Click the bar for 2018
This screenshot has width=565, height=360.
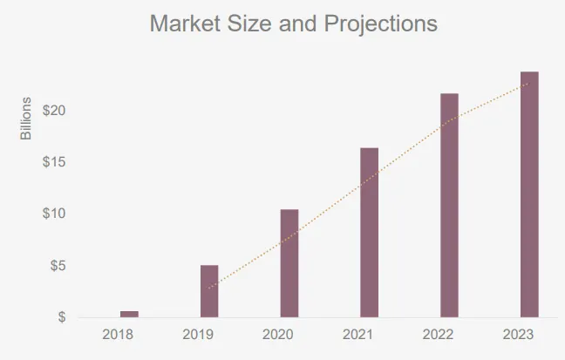pyautogui.click(x=129, y=313)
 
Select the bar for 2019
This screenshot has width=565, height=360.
pyautogui.click(x=209, y=291)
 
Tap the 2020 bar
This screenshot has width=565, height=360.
pyautogui.click(x=289, y=263)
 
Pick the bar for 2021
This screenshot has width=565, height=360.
pyautogui.click(x=369, y=233)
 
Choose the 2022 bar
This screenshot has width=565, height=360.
pyautogui.click(x=449, y=205)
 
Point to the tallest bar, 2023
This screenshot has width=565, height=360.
pyautogui.click(x=529, y=194)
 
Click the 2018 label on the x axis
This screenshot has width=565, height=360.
pyautogui.click(x=118, y=334)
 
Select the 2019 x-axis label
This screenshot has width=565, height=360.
pyautogui.click(x=198, y=334)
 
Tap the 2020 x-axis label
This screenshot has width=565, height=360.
pyautogui.click(x=278, y=334)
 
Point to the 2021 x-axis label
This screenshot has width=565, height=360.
pyautogui.click(x=358, y=334)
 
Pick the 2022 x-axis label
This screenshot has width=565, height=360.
pyautogui.click(x=439, y=334)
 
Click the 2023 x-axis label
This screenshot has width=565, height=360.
pyautogui.click(x=518, y=334)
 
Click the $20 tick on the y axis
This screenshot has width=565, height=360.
pyautogui.click(x=54, y=111)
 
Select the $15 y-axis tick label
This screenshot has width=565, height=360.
pyautogui.click(x=54, y=162)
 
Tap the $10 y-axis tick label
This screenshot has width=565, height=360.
pyautogui.click(x=54, y=214)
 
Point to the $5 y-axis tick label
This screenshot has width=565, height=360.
pyautogui.click(x=57, y=265)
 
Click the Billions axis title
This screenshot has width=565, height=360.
pyautogui.click(x=26, y=119)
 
